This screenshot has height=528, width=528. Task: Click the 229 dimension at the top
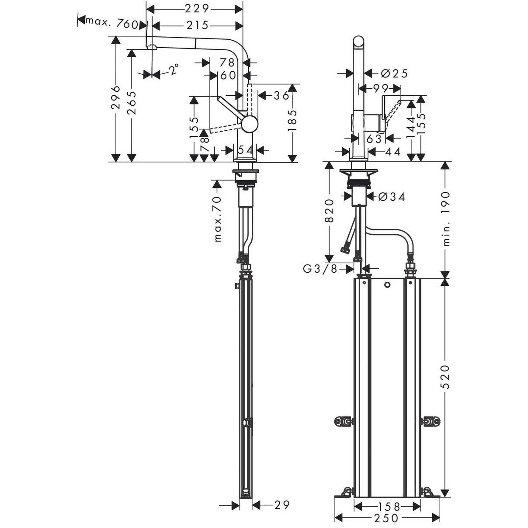tap(195, 8)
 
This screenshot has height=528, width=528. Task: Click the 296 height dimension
tap(116, 99)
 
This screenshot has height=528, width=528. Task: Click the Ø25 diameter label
tap(394, 73)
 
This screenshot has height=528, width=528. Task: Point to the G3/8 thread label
tap(320, 269)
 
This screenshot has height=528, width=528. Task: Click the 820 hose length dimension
tap(329, 211)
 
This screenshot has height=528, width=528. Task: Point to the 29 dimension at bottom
tap(282, 505)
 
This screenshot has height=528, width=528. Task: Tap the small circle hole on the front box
tap(387, 285)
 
